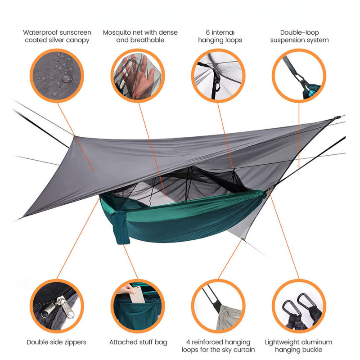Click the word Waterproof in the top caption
click(x=38, y=33)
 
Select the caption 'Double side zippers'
click(x=57, y=342)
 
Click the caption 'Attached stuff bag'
click(x=138, y=342)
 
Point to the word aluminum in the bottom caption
click(x=317, y=342)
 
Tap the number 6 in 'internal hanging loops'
click(x=207, y=32)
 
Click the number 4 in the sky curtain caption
click(x=188, y=342)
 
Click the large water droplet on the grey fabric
click(x=67, y=79)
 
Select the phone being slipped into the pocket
click(x=137, y=295)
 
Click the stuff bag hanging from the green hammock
click(x=120, y=228)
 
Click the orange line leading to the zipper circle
click(x=78, y=238)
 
